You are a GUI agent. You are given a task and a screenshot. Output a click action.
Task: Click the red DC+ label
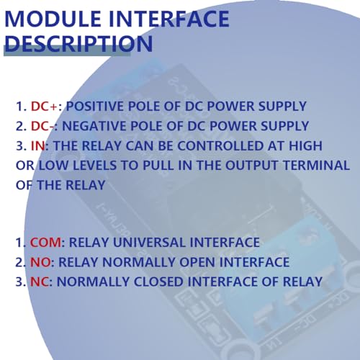[x=43, y=107]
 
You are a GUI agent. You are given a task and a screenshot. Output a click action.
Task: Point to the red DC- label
[x=42, y=126]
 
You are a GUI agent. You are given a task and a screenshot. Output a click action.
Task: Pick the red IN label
[x=37, y=145]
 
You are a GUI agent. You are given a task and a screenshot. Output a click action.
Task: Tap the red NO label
[x=40, y=262]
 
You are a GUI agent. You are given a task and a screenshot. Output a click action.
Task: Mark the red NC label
[x=40, y=282]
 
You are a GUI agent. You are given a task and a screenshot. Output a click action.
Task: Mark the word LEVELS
[x=88, y=165]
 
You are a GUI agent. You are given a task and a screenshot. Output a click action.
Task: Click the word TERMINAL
[x=288, y=165]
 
